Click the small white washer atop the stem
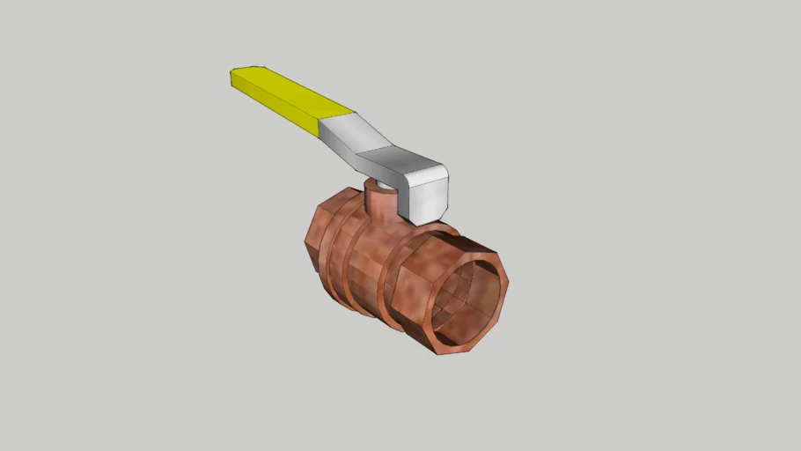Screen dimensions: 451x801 click(x=375, y=184)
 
